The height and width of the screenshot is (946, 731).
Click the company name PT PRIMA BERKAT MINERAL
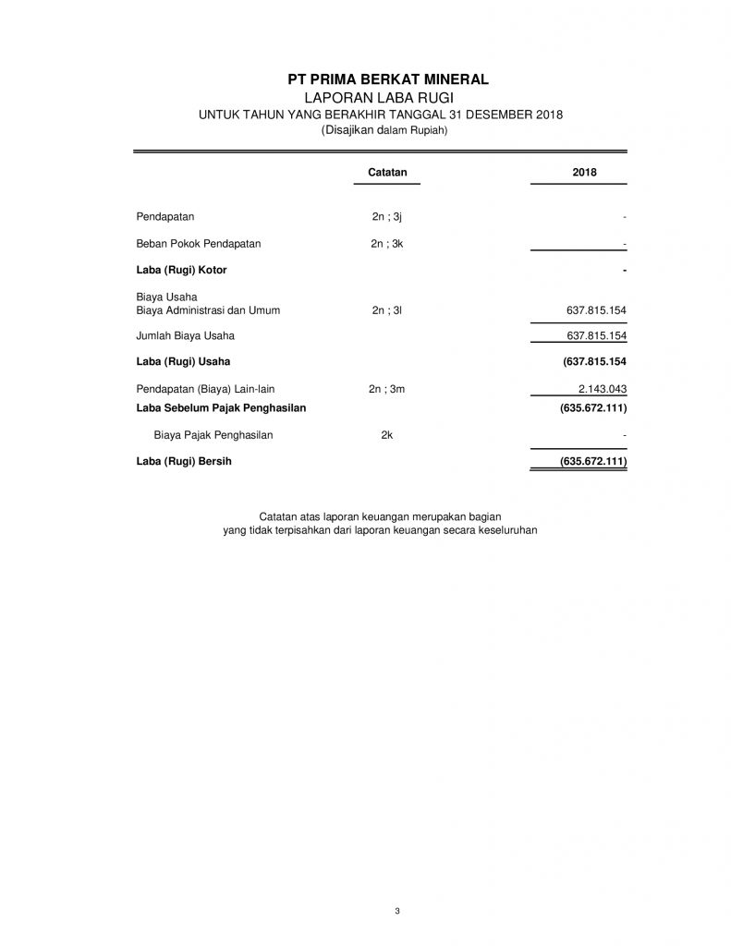coord(384,79)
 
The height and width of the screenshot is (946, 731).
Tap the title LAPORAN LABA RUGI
coord(383,97)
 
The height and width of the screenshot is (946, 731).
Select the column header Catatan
coord(387,172)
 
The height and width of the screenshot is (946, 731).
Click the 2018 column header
coord(584,172)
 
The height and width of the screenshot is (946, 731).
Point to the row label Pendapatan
coord(164,217)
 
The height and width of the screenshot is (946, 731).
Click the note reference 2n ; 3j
coord(387,217)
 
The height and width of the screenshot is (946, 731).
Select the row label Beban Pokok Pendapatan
coord(199,244)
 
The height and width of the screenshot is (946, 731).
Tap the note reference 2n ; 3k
coord(387,244)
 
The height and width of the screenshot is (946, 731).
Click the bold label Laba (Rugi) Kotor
coord(181,270)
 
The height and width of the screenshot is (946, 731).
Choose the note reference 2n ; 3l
coord(387,310)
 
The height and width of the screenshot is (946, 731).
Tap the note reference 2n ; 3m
coord(387,390)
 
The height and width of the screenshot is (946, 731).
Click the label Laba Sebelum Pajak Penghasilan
coord(221,406)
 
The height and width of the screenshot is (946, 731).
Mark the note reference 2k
coord(387,434)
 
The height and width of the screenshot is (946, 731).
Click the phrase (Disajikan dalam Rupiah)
coord(384,131)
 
